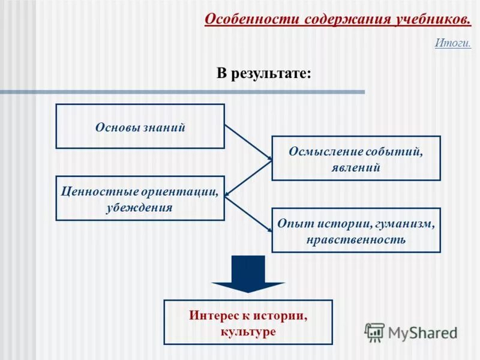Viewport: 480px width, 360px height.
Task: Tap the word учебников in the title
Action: (432, 19)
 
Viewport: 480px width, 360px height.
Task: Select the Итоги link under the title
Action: (452, 43)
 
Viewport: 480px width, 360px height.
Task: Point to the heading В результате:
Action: (264, 74)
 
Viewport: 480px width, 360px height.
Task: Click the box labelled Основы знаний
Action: (140, 126)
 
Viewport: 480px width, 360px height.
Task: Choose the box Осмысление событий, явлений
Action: (356, 158)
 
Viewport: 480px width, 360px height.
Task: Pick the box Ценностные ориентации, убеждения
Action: (140, 198)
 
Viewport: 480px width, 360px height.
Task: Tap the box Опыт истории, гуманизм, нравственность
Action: (356, 230)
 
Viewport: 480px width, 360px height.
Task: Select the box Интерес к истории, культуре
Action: (248, 322)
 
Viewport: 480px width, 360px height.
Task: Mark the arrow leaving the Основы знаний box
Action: (248, 142)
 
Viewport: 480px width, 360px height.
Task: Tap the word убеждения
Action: (140, 208)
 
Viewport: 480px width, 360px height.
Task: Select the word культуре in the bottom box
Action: (248, 331)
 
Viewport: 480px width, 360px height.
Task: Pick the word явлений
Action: (356, 167)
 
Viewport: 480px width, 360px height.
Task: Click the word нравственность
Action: (356, 239)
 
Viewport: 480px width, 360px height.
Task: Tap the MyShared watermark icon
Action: (374, 332)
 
